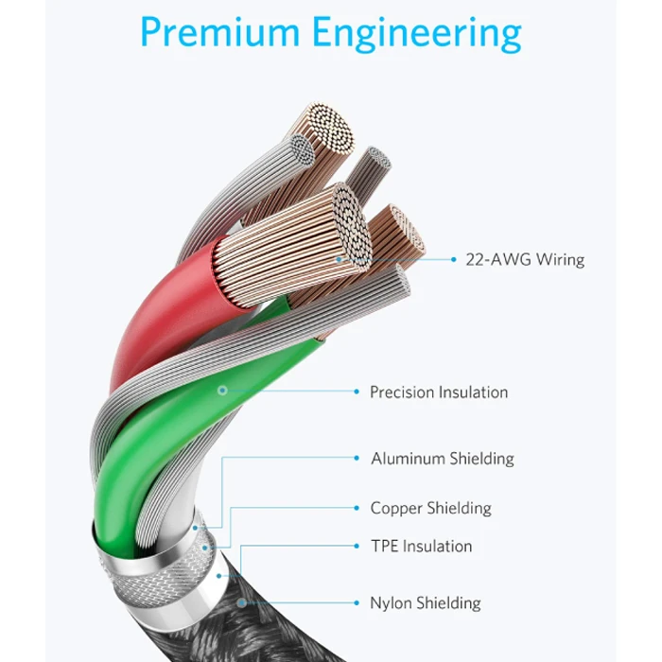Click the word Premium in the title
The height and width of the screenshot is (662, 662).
pyautogui.click(x=219, y=32)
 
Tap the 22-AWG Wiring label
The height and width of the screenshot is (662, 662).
pyautogui.click(x=525, y=259)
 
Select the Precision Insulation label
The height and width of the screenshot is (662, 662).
pyautogui.click(x=439, y=392)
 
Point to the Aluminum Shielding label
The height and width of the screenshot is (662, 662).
pyautogui.click(x=443, y=459)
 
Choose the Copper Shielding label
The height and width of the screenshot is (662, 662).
pyautogui.click(x=430, y=508)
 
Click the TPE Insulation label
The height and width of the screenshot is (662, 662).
pyautogui.click(x=421, y=546)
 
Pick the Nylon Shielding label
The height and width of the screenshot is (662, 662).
pyautogui.click(x=426, y=603)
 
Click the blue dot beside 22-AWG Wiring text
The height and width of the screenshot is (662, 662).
pyautogui.click(x=453, y=260)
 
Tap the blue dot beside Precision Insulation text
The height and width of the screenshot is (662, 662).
pyautogui.click(x=357, y=392)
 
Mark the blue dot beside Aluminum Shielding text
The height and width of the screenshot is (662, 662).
pyautogui.click(x=357, y=458)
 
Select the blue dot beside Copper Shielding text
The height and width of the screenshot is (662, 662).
pyautogui.click(x=357, y=508)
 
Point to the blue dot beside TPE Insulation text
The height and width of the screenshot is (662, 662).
pyautogui.click(x=357, y=546)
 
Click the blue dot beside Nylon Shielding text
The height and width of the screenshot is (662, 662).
pyautogui.click(x=357, y=603)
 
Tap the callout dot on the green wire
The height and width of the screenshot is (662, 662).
pyautogui.click(x=222, y=391)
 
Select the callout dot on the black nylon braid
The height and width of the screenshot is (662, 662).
pyautogui.click(x=241, y=603)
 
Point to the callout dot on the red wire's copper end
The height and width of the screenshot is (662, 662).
pyautogui.click(x=339, y=259)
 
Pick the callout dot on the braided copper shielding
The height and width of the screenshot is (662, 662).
pyautogui.click(x=205, y=548)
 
